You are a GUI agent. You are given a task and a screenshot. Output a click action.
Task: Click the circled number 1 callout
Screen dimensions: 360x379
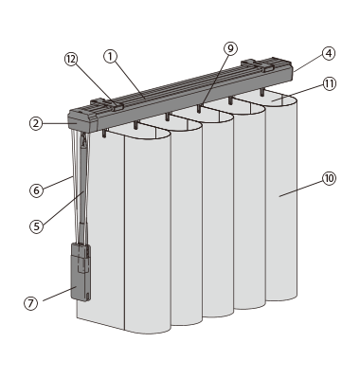point(110,57)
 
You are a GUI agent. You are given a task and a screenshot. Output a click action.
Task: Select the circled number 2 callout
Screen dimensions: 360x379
point(36,123)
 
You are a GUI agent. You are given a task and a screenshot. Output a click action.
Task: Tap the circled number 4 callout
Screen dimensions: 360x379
point(329,53)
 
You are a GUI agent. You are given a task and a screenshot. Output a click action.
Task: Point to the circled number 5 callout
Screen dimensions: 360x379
point(37,226)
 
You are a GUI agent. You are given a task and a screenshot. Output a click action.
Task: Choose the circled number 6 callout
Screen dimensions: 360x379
point(37,190)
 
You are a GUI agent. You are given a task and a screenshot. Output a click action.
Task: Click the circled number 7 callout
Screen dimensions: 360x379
point(30,303)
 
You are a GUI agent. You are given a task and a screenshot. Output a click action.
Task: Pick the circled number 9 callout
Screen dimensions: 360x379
point(230,48)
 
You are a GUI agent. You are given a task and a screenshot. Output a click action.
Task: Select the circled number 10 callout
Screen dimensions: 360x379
point(329,179)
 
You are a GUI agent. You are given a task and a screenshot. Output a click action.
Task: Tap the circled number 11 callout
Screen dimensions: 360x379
point(330,84)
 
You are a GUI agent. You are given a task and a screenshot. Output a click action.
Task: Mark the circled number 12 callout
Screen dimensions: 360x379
point(71,59)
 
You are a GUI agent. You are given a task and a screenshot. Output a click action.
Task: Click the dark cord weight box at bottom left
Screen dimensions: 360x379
point(81,272)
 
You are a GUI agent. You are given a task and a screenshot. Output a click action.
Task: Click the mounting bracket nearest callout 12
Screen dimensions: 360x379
point(107,105)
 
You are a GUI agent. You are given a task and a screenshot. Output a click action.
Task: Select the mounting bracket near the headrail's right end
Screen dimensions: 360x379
point(258,64)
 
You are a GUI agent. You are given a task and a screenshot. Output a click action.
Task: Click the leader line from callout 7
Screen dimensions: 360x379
point(60,295)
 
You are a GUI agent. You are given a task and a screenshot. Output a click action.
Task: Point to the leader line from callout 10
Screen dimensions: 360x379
point(300,189)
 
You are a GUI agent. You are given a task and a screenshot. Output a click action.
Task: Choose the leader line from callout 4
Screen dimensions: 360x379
point(308,64)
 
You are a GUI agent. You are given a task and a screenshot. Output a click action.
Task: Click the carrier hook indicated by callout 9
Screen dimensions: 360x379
point(199,109)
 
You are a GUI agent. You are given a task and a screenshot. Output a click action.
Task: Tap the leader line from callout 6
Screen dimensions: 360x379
point(59,183)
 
